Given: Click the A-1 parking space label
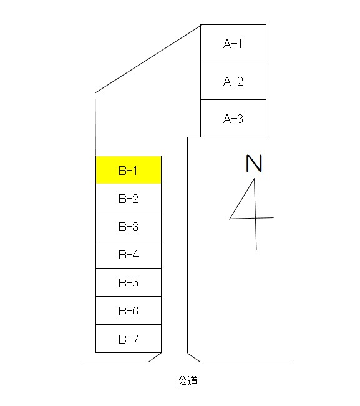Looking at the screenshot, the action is (x=233, y=44).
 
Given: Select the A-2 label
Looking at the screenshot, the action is (x=233, y=81).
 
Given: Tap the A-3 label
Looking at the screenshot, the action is (x=233, y=119).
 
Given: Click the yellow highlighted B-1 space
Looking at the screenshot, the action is (x=129, y=170).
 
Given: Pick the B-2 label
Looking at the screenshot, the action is (x=129, y=199).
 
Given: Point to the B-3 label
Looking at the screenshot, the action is (x=129, y=227).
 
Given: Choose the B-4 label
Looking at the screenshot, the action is (x=129, y=255).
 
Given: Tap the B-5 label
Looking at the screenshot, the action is (x=129, y=283).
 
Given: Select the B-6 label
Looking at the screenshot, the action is (x=129, y=311).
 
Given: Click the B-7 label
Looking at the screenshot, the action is (x=129, y=339).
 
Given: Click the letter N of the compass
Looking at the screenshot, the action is (x=254, y=164).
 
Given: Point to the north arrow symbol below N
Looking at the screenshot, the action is (x=251, y=214).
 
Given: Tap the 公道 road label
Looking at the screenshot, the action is (x=188, y=381).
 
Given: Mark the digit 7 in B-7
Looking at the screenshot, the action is (x=135, y=339).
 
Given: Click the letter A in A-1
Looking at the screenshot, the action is (x=227, y=44).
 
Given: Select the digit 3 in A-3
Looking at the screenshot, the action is (x=240, y=119).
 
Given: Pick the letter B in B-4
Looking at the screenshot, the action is (x=122, y=255).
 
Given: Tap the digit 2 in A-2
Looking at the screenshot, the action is (x=240, y=81).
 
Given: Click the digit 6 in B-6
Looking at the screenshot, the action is (x=135, y=311).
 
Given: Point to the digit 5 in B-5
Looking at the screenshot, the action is (x=135, y=283).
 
